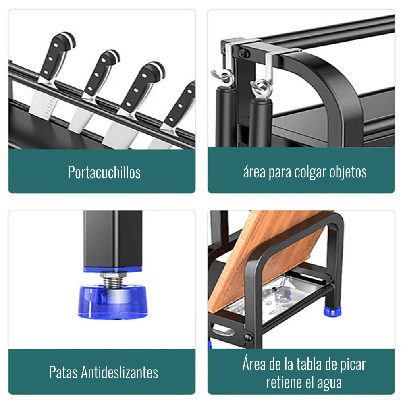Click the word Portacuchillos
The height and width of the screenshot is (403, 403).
(x=104, y=172)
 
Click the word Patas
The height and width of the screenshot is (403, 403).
(x=63, y=372)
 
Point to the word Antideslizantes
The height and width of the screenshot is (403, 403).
(x=120, y=372)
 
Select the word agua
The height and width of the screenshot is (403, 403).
(x=329, y=383)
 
